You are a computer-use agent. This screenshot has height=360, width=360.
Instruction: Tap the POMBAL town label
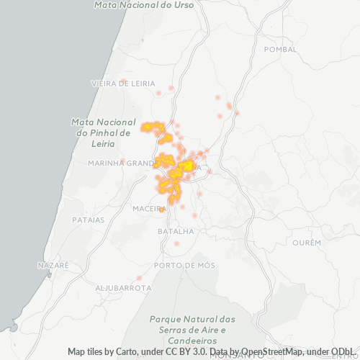tap(280, 49)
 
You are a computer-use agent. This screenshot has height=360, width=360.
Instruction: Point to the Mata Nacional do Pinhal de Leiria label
tap(102, 132)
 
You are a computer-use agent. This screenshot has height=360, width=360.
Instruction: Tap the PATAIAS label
tap(89, 219)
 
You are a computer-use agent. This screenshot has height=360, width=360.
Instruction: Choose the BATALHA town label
tap(176, 231)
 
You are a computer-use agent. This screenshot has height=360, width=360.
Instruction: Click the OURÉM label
tap(307, 243)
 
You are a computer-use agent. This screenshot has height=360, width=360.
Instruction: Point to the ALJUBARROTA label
tap(123, 287)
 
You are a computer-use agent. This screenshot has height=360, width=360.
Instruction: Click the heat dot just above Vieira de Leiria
tap(123, 81)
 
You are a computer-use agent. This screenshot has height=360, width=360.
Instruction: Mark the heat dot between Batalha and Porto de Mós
tap(176, 243)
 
